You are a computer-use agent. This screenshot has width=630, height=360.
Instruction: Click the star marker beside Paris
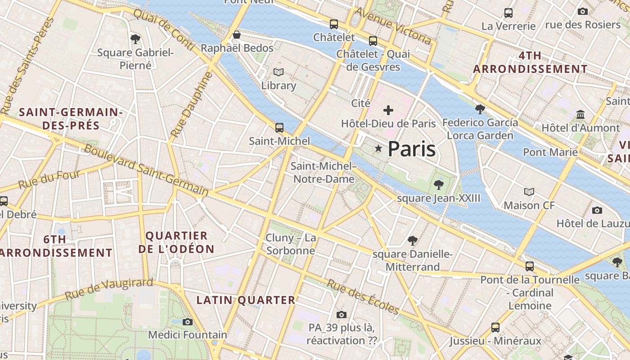click(379, 148)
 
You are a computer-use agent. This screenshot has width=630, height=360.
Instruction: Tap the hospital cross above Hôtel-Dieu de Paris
click(388, 110)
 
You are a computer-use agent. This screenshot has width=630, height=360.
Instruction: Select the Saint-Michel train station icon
click(279, 128)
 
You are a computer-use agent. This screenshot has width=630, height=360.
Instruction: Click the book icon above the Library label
click(279, 72)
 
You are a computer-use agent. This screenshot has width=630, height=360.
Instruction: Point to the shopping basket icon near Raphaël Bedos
click(237, 35)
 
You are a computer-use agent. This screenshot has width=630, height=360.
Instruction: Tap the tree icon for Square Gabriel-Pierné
click(135, 39)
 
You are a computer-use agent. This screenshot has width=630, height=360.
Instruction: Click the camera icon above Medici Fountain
click(188, 322)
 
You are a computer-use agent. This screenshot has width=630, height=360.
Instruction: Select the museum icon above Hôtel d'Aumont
click(580, 114)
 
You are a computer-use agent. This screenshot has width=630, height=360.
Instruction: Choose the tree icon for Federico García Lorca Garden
click(480, 109)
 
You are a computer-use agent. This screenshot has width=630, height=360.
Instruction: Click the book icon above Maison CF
click(529, 192)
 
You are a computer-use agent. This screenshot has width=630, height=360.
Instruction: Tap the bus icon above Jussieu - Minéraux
click(495, 327)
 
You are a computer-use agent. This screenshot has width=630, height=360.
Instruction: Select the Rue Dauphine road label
click(191, 104)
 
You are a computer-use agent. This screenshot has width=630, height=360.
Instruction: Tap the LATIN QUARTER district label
click(246, 300)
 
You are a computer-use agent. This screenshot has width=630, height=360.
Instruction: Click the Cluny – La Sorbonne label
click(291, 244)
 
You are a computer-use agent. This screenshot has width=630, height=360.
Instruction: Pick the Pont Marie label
click(550, 152)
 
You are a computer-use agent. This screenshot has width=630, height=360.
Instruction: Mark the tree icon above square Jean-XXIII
click(438, 184)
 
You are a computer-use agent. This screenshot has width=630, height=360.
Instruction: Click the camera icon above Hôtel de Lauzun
click(597, 210)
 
